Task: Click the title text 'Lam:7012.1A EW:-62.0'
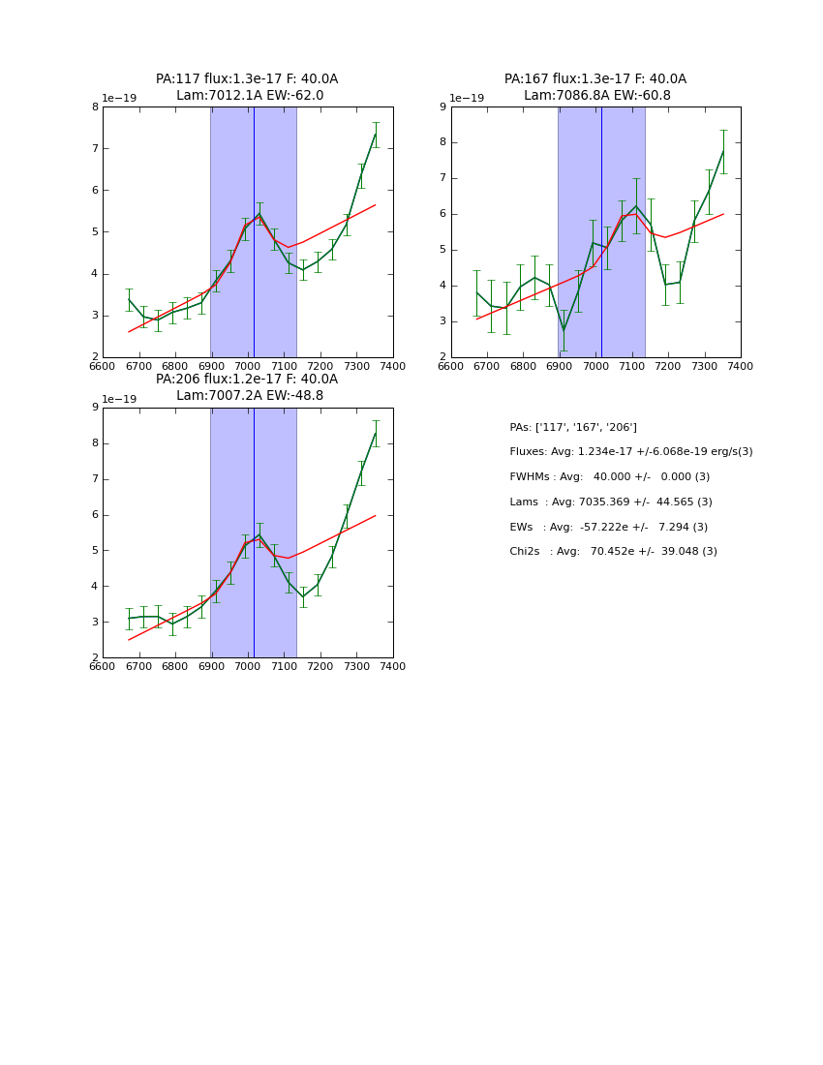coord(250,96)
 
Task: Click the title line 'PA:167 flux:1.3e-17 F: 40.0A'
coord(594,79)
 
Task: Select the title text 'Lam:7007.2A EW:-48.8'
coord(250,396)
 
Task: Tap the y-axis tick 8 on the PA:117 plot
coord(95,106)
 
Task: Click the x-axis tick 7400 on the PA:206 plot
coord(393,666)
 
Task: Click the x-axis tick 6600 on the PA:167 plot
coord(451,365)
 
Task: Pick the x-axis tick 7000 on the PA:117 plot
coord(248,365)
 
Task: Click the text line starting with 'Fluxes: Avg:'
coord(630,452)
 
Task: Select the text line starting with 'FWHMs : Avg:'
coord(609,477)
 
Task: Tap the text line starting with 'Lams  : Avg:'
coord(610,502)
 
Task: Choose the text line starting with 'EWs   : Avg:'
coord(608,527)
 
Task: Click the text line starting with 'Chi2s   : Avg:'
coord(613,552)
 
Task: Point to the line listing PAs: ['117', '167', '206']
coord(573,427)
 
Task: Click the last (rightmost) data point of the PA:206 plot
coord(376,433)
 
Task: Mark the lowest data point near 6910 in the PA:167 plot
coord(564,330)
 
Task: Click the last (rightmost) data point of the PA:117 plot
coord(376,135)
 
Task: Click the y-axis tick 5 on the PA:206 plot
coord(95,550)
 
